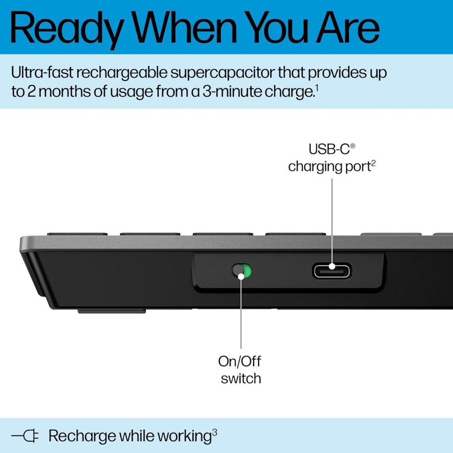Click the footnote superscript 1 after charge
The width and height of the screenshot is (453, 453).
[317, 89]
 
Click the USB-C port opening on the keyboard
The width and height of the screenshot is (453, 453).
[332, 270]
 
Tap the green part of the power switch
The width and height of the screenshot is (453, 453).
[246, 271]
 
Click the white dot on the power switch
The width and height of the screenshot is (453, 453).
[241, 276]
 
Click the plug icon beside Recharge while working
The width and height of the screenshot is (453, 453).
[25, 436]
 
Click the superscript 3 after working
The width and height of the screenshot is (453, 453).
[215, 432]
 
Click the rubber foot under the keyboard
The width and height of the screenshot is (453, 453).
[111, 311]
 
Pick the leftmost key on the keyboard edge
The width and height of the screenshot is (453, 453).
[77, 233]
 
